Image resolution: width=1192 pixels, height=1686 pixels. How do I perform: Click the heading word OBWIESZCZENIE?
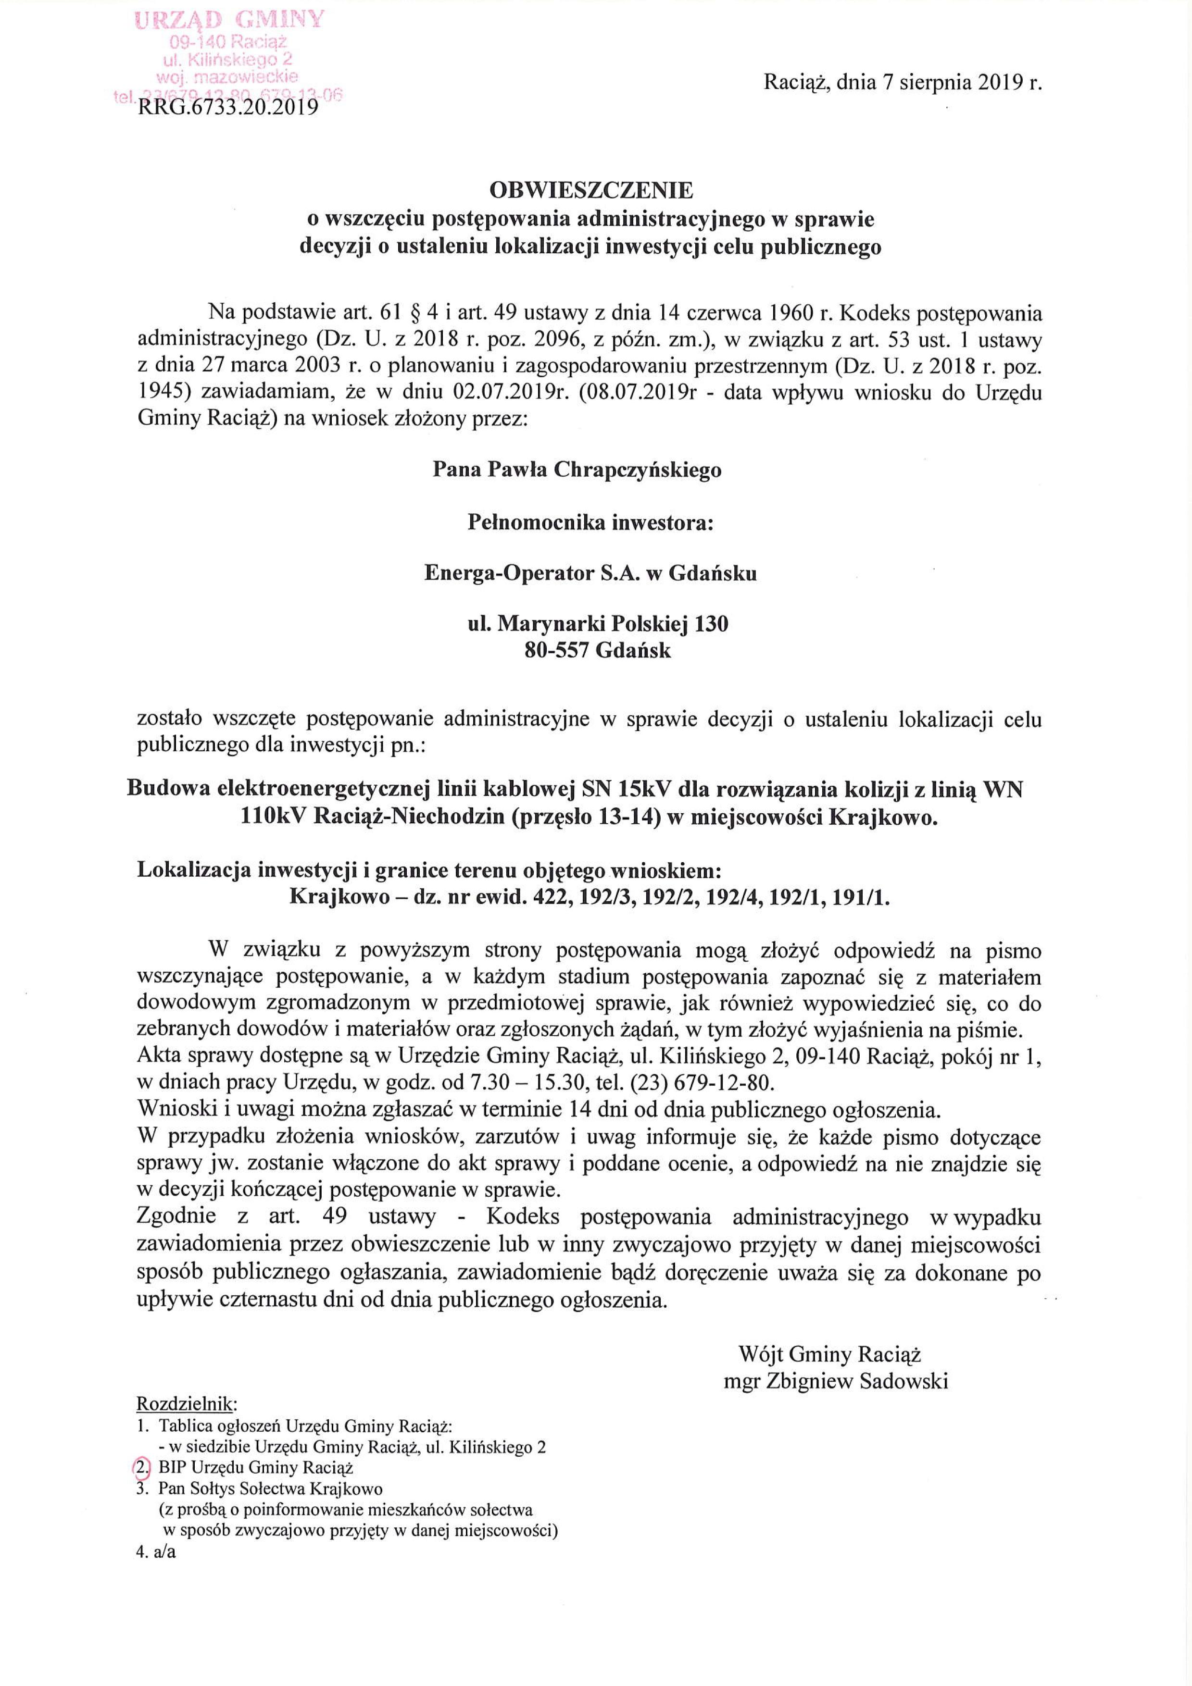pyautogui.click(x=591, y=190)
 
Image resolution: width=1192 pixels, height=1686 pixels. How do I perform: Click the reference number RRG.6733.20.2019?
pyautogui.click(x=227, y=109)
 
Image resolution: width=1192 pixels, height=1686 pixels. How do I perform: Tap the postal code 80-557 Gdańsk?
pyautogui.click(x=598, y=651)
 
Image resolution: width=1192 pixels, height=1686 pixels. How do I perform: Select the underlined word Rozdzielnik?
pyautogui.click(x=187, y=1404)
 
